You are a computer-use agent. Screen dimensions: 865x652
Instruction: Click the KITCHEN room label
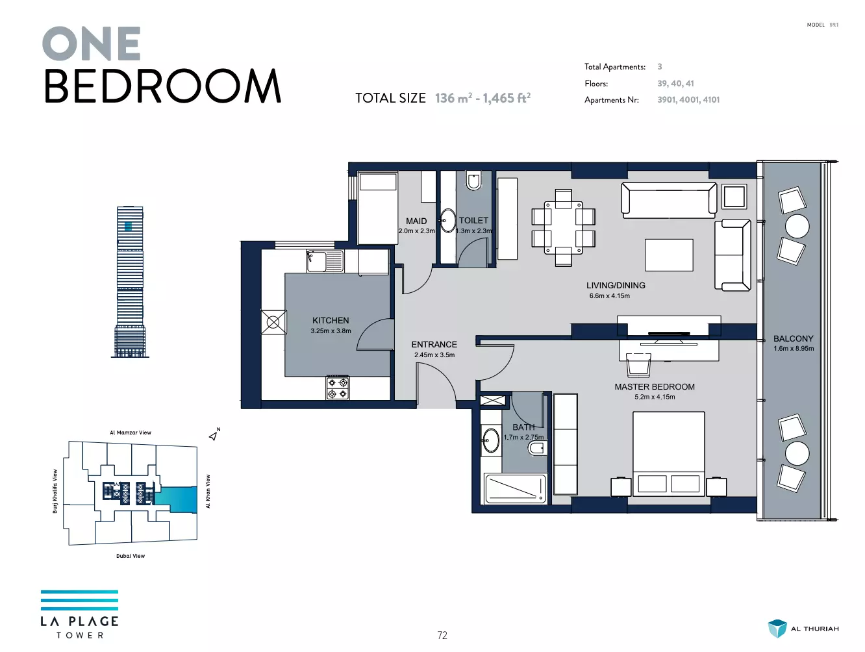click(x=331, y=320)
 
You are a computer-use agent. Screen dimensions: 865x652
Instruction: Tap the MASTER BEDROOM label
click(x=654, y=386)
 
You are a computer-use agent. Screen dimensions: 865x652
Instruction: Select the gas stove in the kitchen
click(x=337, y=388)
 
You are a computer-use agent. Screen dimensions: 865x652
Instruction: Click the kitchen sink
click(x=325, y=261)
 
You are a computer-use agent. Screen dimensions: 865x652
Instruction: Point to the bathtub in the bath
click(x=516, y=488)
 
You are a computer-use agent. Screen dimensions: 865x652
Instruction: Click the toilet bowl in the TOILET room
click(x=473, y=181)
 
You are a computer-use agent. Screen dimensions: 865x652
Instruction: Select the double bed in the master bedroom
click(x=668, y=453)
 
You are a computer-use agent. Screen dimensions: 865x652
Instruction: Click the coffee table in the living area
click(x=669, y=255)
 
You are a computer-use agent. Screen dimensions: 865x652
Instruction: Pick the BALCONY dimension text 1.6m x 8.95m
click(x=794, y=348)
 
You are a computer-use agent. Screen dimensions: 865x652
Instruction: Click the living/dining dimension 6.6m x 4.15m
click(x=609, y=296)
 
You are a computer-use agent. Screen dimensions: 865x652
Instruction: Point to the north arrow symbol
click(x=213, y=435)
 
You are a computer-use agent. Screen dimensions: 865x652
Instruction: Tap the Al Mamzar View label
click(x=131, y=432)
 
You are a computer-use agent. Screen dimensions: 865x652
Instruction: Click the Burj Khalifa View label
click(x=55, y=491)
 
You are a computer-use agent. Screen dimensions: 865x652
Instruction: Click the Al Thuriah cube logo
click(x=777, y=629)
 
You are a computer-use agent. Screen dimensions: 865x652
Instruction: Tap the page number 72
click(x=442, y=635)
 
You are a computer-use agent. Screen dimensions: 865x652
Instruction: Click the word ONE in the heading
click(x=92, y=44)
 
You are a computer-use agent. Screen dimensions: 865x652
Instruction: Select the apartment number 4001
click(x=688, y=99)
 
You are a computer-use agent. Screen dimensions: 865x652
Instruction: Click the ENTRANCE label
click(x=434, y=344)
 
